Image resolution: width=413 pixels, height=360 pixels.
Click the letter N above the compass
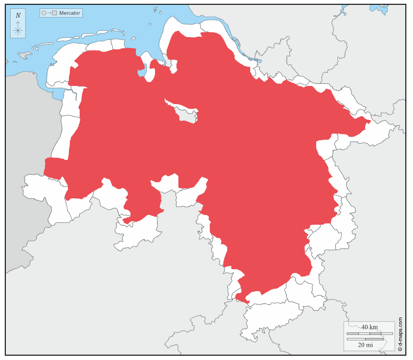click(18, 15)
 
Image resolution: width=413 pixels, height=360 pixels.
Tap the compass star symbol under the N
click(18, 30)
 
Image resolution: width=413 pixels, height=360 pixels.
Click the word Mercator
click(69, 13)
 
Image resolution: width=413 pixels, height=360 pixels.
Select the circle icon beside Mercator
click(44, 13)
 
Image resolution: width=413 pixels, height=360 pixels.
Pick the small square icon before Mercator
click(55, 13)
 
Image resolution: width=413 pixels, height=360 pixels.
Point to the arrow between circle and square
click(49, 13)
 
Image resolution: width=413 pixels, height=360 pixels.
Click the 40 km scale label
click(370, 327)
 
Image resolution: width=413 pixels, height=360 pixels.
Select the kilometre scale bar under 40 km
click(370, 333)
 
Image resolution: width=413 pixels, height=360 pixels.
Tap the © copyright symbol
click(400, 350)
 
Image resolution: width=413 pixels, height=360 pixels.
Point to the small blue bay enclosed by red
click(142, 73)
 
